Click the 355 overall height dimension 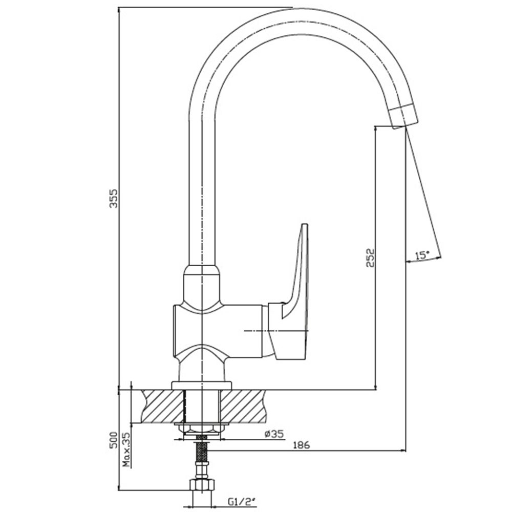[113, 198]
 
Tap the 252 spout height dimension [370, 258]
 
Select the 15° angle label [422, 255]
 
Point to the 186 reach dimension [301, 445]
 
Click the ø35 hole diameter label [274, 434]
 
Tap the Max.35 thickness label [126, 451]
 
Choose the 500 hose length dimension [113, 440]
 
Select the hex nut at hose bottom [202, 484]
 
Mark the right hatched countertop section [244, 407]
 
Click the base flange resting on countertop [202, 386]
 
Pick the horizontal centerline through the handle [276, 331]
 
